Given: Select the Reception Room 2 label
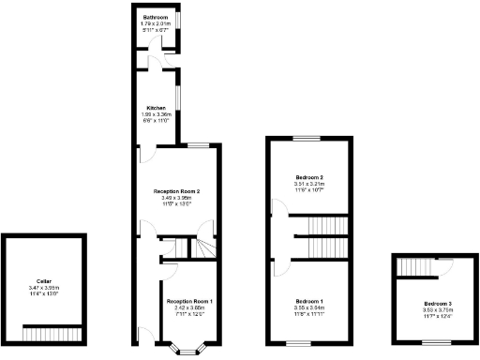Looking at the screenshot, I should (177, 191).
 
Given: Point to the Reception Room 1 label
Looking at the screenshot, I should (190, 301).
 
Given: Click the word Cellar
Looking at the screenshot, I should (44, 281).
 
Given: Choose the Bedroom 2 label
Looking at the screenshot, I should (309, 177).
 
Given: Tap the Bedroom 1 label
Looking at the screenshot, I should (309, 300).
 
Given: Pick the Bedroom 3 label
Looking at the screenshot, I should (437, 304).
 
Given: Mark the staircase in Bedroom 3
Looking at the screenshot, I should (415, 268).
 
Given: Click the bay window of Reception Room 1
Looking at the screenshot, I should (189, 351).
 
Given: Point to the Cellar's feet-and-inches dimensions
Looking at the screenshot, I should (44, 294).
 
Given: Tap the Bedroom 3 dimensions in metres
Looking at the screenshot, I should (437, 310).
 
